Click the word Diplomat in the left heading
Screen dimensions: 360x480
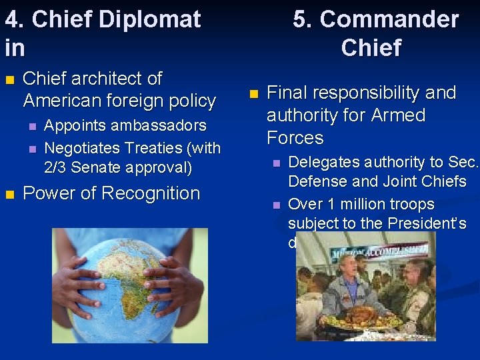149,19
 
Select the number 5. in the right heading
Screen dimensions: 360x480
303,19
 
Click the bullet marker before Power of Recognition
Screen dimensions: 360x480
9,194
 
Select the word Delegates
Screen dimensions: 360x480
320,162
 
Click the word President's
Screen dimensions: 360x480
433,223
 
